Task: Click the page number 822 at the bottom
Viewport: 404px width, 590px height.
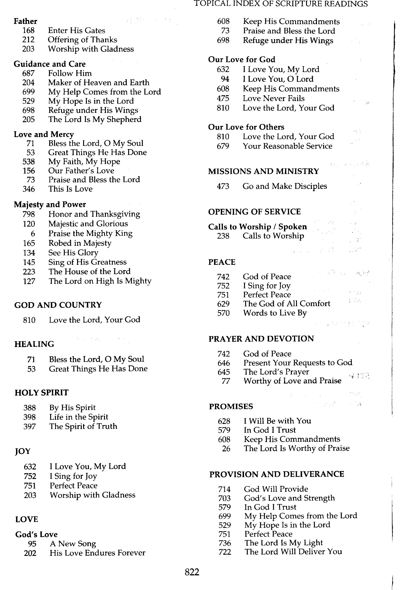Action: click(192, 572)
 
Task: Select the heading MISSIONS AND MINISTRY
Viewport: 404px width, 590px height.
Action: click(263, 171)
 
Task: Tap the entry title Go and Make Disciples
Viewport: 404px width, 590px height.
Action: click(285, 186)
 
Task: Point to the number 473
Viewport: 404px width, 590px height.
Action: click(223, 186)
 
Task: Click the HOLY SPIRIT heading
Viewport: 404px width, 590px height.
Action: click(42, 393)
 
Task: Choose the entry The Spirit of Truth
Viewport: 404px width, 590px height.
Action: click(83, 426)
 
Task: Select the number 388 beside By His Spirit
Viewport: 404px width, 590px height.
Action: click(29, 408)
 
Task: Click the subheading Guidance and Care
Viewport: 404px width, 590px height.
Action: click(50, 64)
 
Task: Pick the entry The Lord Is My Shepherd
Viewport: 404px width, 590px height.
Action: click(95, 119)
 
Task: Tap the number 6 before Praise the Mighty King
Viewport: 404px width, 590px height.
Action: click(33, 234)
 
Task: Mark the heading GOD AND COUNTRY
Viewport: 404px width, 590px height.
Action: click(58, 305)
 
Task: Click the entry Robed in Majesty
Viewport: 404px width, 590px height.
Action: click(80, 243)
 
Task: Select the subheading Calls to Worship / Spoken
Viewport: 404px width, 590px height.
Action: click(257, 226)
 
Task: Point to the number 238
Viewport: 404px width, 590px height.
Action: click(223, 236)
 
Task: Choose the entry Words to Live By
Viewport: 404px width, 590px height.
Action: click(275, 313)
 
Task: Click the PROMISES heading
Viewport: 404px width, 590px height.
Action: click(231, 406)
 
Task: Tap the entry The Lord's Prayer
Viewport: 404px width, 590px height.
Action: click(276, 372)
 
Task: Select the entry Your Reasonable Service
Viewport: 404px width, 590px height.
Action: click(287, 146)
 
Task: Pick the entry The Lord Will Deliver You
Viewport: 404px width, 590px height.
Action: click(293, 551)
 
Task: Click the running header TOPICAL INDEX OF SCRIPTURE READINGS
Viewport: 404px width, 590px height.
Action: click(281, 4)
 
